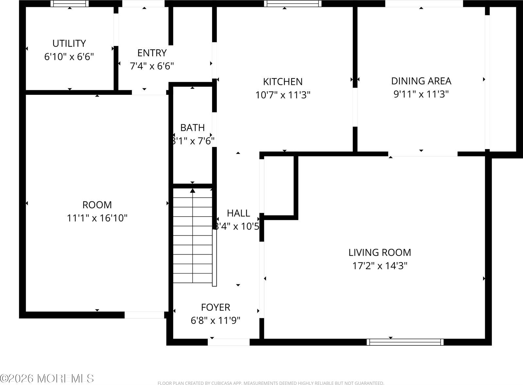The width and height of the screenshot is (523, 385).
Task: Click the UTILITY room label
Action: coord(69,43)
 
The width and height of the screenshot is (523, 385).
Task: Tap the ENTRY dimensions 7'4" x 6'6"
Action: coord(152,66)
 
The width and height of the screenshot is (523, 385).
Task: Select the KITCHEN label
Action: coord(283,81)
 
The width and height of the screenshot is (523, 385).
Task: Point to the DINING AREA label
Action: coord(421,81)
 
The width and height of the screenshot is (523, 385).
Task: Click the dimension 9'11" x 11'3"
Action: coord(421,94)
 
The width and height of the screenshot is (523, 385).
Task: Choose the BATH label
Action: coord(193,127)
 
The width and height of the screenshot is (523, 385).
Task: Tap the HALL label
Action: coord(238,213)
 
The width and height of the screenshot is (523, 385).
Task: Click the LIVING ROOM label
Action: coord(380,252)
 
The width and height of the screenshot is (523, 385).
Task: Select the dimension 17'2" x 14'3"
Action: coord(380,266)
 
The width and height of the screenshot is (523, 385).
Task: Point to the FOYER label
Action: coord(215,307)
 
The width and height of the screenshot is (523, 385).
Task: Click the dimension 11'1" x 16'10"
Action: coord(97,218)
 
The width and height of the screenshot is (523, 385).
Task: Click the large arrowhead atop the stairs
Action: coord(193,191)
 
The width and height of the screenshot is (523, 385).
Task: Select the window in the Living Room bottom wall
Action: coord(405,342)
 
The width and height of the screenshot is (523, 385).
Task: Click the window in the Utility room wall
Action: coord(69,4)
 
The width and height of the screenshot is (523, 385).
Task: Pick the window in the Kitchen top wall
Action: coord(293,4)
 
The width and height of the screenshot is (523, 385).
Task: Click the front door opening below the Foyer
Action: coord(229,342)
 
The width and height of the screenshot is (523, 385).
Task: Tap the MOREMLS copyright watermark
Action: coord(47,378)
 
